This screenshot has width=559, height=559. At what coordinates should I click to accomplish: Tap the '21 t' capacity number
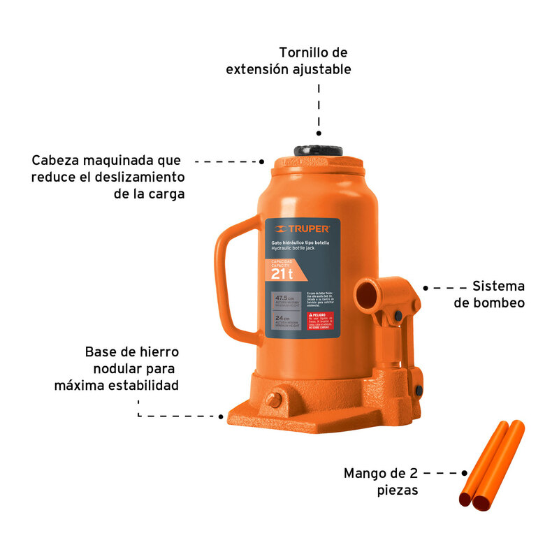click(282, 275)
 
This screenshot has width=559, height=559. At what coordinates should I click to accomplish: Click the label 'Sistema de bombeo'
click(488, 294)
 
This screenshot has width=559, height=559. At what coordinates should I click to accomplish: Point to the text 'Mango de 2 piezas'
click(381, 481)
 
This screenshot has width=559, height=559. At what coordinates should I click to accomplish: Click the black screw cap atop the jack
click(319, 150)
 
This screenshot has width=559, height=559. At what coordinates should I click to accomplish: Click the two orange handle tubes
click(491, 465)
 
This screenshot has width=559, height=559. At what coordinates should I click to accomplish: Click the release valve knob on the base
click(274, 400)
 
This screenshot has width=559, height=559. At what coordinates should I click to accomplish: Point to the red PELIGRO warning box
click(321, 321)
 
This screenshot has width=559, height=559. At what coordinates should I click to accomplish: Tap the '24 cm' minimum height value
click(284, 319)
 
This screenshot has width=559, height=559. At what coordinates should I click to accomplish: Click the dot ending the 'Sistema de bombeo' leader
click(426, 287)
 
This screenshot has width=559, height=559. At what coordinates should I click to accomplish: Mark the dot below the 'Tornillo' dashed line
click(319, 133)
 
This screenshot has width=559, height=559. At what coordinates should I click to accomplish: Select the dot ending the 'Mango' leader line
click(463, 473)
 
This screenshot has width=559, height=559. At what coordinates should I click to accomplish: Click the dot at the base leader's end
click(222, 416)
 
